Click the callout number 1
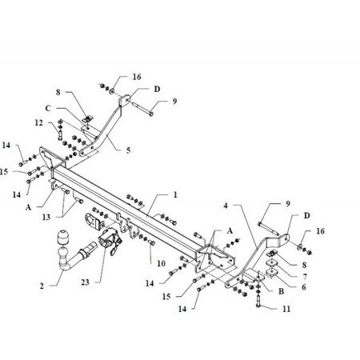175,195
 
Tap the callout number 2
42,286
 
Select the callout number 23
86,282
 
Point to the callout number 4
226,206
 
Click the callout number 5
129,150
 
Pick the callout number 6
304,287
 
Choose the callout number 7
305,277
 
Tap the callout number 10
161,263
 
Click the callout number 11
286,309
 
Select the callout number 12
39,122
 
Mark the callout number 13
46,217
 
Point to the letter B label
281,291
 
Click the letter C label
48,108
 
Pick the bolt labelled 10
152,243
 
